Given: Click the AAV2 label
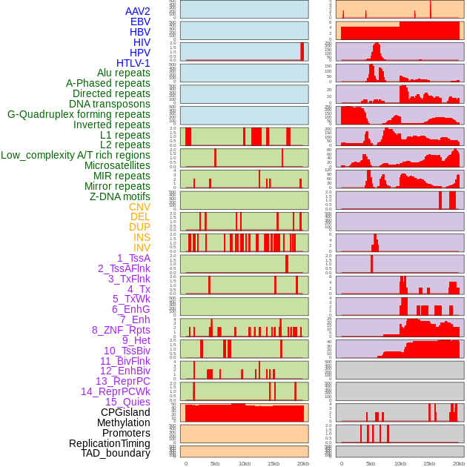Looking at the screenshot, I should click(x=137, y=11).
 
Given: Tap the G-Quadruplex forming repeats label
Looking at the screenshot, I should click(x=79, y=114).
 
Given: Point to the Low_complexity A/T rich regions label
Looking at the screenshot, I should click(x=76, y=155).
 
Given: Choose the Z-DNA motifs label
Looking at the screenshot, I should click(x=119, y=196).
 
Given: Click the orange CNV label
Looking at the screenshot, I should click(x=139, y=207).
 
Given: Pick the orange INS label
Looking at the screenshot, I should click(x=142, y=237).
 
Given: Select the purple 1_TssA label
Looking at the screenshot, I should click(x=133, y=258).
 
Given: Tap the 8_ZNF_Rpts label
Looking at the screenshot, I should click(x=121, y=330).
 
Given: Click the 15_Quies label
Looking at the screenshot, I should click(x=127, y=402).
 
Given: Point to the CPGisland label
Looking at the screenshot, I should click(x=125, y=412).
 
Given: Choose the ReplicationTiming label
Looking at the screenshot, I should click(x=109, y=443).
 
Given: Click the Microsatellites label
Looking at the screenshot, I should click(x=117, y=165).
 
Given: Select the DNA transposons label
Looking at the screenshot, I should click(x=110, y=104).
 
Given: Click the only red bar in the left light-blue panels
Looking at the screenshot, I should click(x=302, y=51).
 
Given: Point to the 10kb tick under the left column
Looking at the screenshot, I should click(x=244, y=463).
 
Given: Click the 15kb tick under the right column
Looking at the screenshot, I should click(x=429, y=463).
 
